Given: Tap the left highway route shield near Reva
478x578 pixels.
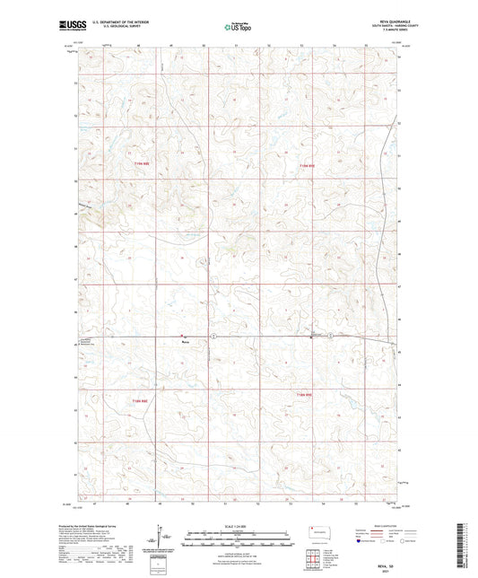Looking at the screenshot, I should [x=213, y=335].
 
